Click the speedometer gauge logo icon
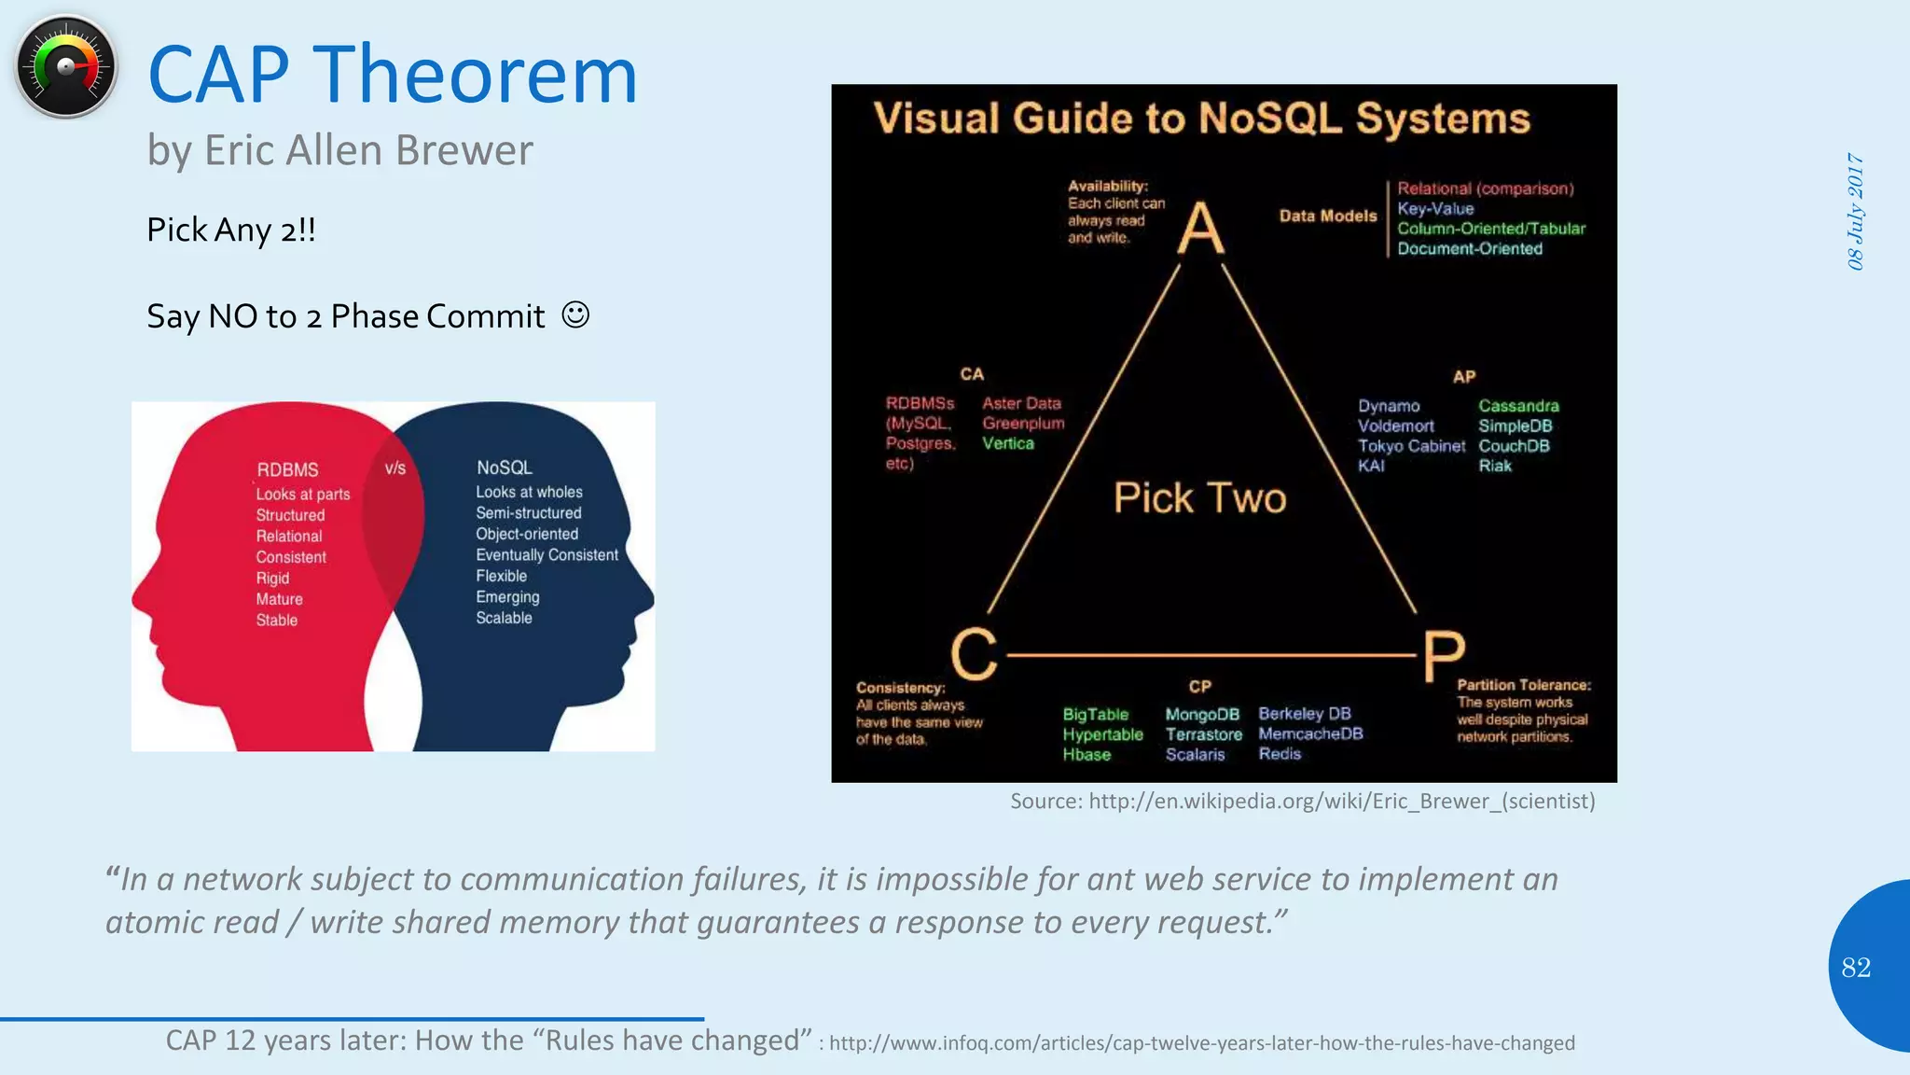point(65,67)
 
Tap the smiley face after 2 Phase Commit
point(575,315)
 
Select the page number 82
point(1856,968)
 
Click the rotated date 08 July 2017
point(1856,212)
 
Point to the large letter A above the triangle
point(1200,229)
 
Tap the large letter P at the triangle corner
point(1444,657)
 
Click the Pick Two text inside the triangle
point(1199,498)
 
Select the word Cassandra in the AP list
point(1518,406)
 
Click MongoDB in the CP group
point(1202,715)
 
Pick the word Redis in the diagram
point(1280,754)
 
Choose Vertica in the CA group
point(1008,444)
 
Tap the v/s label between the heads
point(395,468)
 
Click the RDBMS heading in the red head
point(287,470)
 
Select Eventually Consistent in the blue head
point(547,555)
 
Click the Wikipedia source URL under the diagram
point(1341,802)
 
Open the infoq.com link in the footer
point(1201,1043)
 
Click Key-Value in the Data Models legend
point(1435,209)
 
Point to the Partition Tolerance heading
point(1524,685)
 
